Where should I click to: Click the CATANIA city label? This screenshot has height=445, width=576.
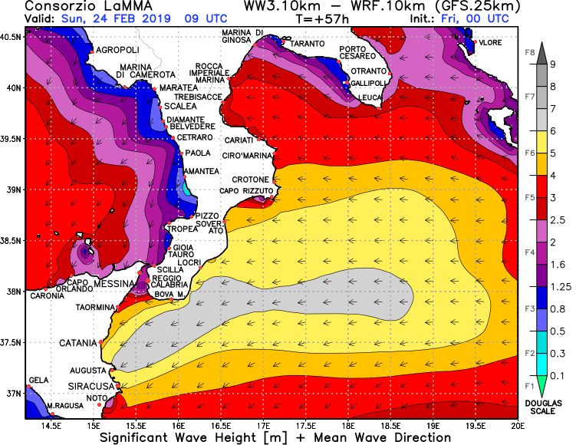(78, 343)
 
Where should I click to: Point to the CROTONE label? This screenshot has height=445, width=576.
(251, 180)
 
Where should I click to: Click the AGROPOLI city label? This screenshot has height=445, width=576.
(117, 50)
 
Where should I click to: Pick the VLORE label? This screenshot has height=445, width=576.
(490, 43)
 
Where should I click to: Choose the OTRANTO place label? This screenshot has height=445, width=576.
(367, 71)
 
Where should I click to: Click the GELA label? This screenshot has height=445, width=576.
(38, 381)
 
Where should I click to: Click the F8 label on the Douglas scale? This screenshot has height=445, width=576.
(530, 53)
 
